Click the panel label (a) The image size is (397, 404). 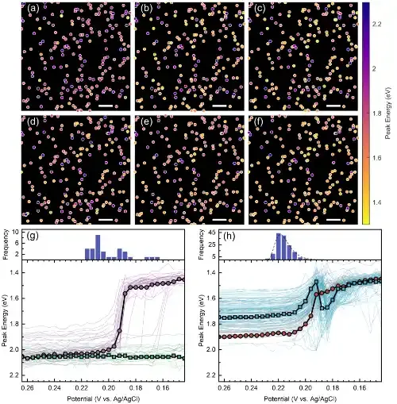coord(33,9)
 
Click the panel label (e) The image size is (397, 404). coord(146,122)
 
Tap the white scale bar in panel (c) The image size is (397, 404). coord(333,106)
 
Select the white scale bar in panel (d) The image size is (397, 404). coord(106,220)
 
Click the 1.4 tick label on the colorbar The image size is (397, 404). coord(376,202)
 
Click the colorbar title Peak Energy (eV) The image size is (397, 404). coord(388,114)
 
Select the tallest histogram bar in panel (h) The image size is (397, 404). coord(279,246)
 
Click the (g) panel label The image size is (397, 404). coord(33,237)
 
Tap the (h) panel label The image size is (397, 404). coord(229,237)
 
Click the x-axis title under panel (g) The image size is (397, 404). coord(103,398)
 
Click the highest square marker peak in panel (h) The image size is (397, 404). coord(316,282)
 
